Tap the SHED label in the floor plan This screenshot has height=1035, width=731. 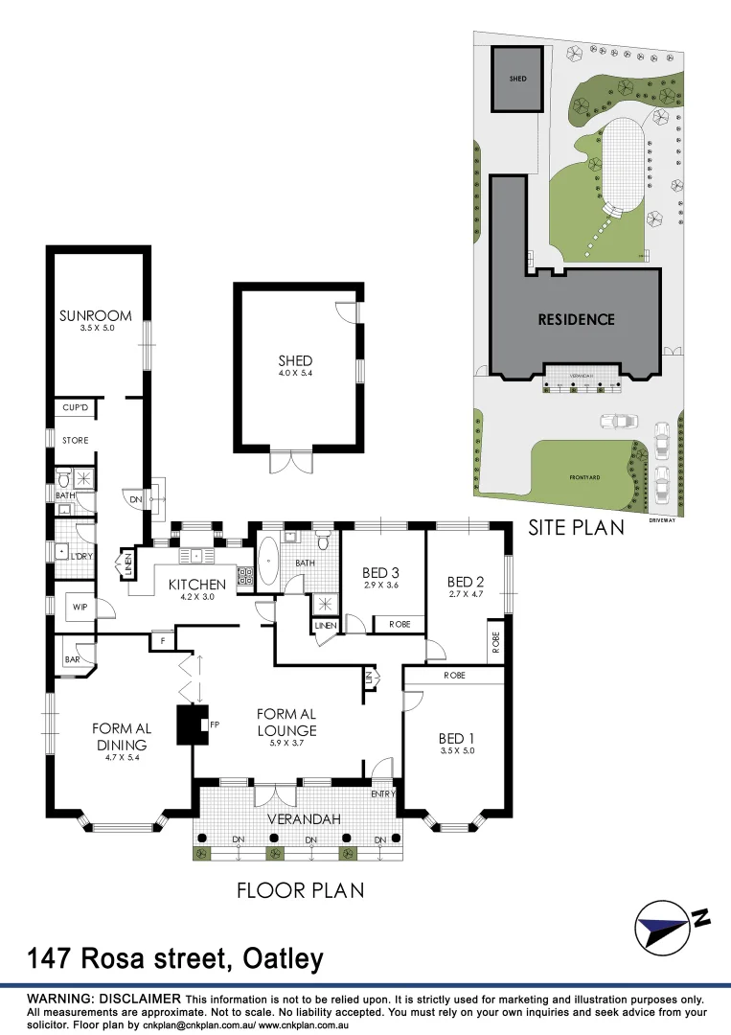pos(296,360)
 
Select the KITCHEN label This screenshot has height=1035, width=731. pos(196,584)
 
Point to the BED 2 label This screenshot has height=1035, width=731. pos(467,582)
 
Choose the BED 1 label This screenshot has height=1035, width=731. pos(456,738)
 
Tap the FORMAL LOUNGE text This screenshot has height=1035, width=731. pos(286,722)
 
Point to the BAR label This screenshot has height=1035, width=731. pos(71,660)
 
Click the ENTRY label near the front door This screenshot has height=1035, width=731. pos(383,793)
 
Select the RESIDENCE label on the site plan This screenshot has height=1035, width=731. pos(576,319)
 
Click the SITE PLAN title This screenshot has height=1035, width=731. pos(576,527)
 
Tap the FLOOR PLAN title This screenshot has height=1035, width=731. pos(301,890)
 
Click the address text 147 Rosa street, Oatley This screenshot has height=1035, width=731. pos(175,958)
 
